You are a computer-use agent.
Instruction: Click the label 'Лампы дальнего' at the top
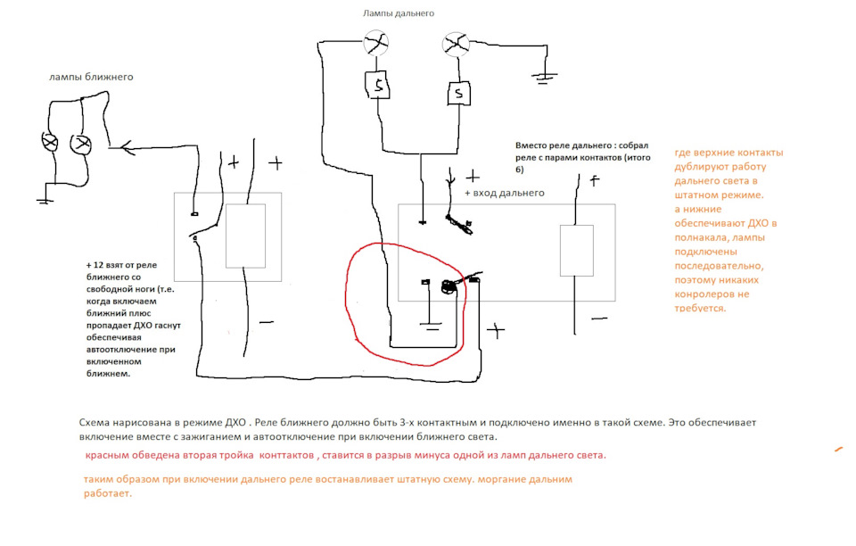(x=399, y=13)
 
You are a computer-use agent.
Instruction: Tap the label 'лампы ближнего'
(x=91, y=77)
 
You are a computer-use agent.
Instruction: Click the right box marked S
(x=457, y=92)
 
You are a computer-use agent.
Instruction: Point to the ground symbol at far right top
(x=545, y=78)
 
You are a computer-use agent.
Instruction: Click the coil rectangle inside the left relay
(x=245, y=236)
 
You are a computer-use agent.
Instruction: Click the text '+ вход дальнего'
(x=505, y=193)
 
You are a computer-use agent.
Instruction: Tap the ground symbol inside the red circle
(x=430, y=327)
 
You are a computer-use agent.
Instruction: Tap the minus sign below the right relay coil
(x=599, y=318)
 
